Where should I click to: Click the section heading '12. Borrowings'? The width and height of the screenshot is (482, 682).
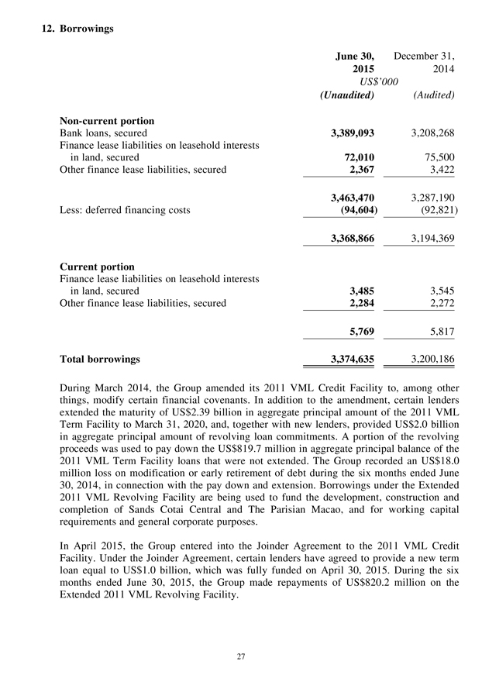[x=77, y=29]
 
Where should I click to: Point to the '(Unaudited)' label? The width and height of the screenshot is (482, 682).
[x=347, y=95]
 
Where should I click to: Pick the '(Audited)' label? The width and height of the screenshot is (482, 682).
[x=434, y=95]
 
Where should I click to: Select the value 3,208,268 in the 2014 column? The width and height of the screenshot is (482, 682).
[x=427, y=133]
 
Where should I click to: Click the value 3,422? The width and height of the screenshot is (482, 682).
[x=439, y=169]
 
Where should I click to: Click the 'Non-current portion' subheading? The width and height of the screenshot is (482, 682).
[x=107, y=121]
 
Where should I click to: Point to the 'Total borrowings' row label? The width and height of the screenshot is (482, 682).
[x=101, y=359]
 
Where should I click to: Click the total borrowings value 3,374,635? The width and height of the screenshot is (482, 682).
[x=348, y=359]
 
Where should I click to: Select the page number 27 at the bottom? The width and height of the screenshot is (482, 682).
[x=241, y=656]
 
